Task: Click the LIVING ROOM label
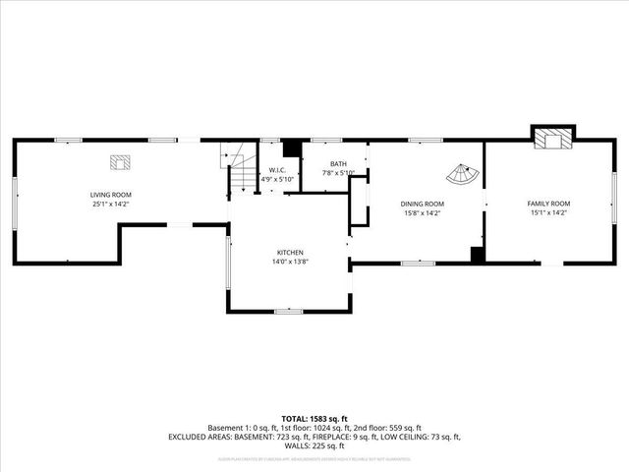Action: (111, 195)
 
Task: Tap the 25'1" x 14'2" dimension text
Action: (111, 205)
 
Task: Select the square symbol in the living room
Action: (119, 162)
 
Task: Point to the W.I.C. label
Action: (277, 170)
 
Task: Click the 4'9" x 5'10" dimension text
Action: (277, 179)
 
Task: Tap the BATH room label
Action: (338, 164)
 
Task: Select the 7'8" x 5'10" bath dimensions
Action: (338, 173)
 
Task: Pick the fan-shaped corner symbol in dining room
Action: (463, 176)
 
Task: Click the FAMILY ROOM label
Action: (547, 204)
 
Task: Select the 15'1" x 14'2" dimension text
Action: (547, 212)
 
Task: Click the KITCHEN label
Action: (289, 253)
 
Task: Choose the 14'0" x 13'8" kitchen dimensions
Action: (289, 263)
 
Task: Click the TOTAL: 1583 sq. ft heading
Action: (314, 419)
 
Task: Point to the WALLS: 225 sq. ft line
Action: (314, 445)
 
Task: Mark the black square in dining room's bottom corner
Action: (478, 255)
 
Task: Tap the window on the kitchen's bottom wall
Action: (288, 312)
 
